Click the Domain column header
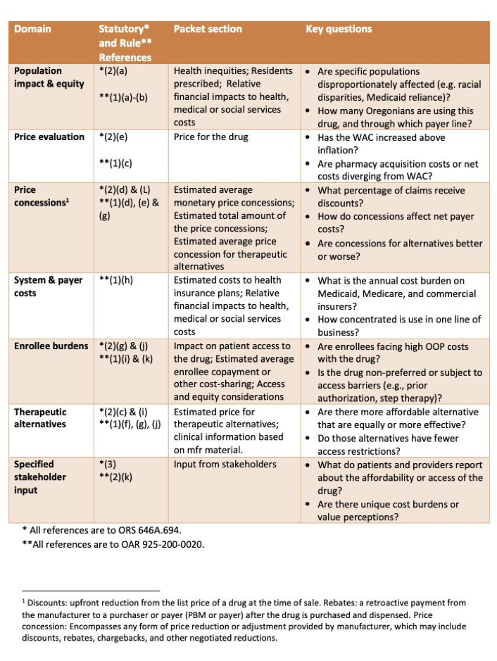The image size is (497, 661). pos(32,29)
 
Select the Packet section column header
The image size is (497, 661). pos(208,29)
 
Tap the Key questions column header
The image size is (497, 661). pos(339,29)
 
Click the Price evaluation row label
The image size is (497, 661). pos(49,137)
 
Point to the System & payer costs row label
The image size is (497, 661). pos(49,287)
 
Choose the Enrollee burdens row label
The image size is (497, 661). pos(51,346)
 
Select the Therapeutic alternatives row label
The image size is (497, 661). pos(41,418)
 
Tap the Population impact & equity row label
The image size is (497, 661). pos(49,77)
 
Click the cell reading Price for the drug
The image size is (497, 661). pos(210,137)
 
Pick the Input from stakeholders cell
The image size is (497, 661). pos(225,464)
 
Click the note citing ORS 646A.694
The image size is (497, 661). pos(98,530)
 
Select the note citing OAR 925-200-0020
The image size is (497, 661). pos(113,545)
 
